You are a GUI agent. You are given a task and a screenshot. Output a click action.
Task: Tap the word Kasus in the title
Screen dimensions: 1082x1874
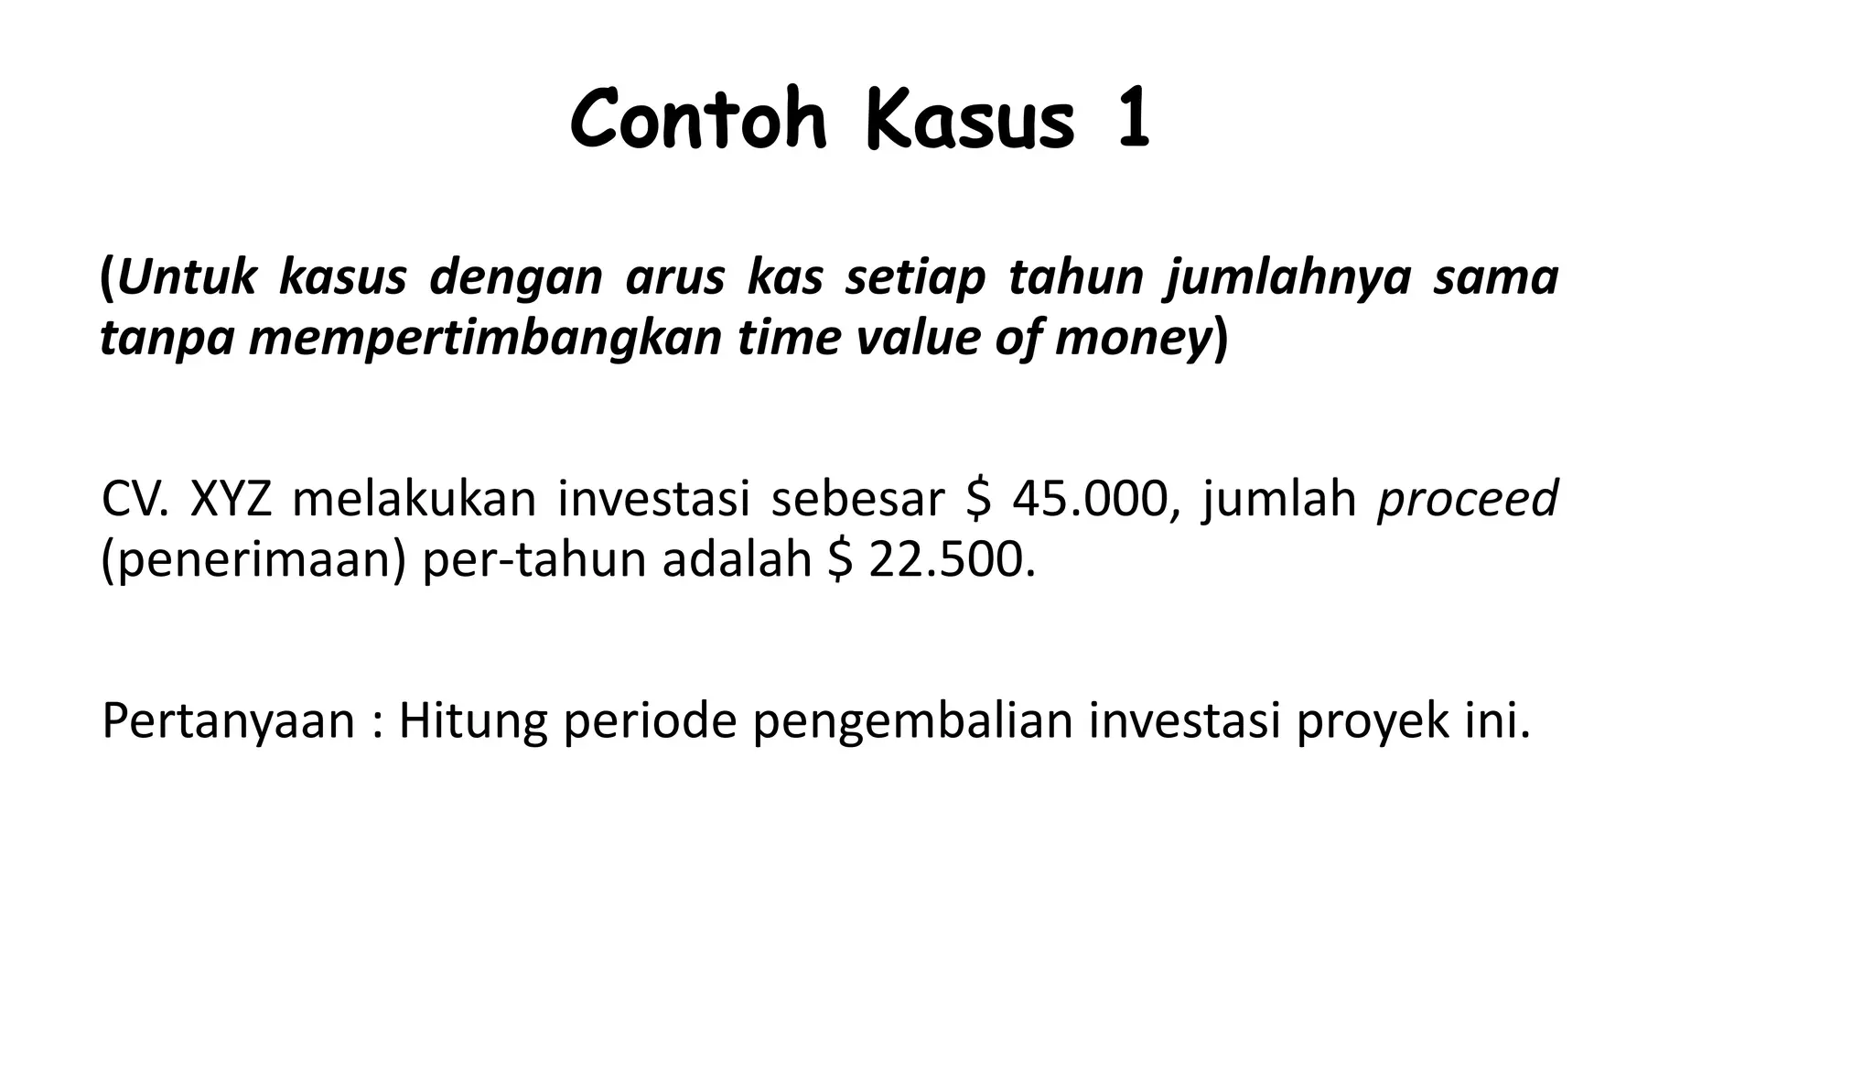tap(971, 122)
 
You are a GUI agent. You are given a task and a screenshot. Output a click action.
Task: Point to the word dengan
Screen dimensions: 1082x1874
tap(515, 278)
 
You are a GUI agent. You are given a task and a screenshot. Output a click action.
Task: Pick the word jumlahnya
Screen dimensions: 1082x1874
tap(1287, 278)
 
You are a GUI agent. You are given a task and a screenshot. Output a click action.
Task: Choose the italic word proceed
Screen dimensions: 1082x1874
tap(1467, 500)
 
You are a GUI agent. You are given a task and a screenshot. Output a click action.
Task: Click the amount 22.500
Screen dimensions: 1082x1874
tap(952, 560)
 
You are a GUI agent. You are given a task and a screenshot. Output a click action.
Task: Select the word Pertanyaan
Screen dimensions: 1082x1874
tap(228, 721)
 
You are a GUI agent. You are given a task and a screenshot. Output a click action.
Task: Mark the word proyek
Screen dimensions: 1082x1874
tap(1373, 721)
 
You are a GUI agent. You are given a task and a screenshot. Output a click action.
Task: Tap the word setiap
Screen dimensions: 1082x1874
tap(915, 278)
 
